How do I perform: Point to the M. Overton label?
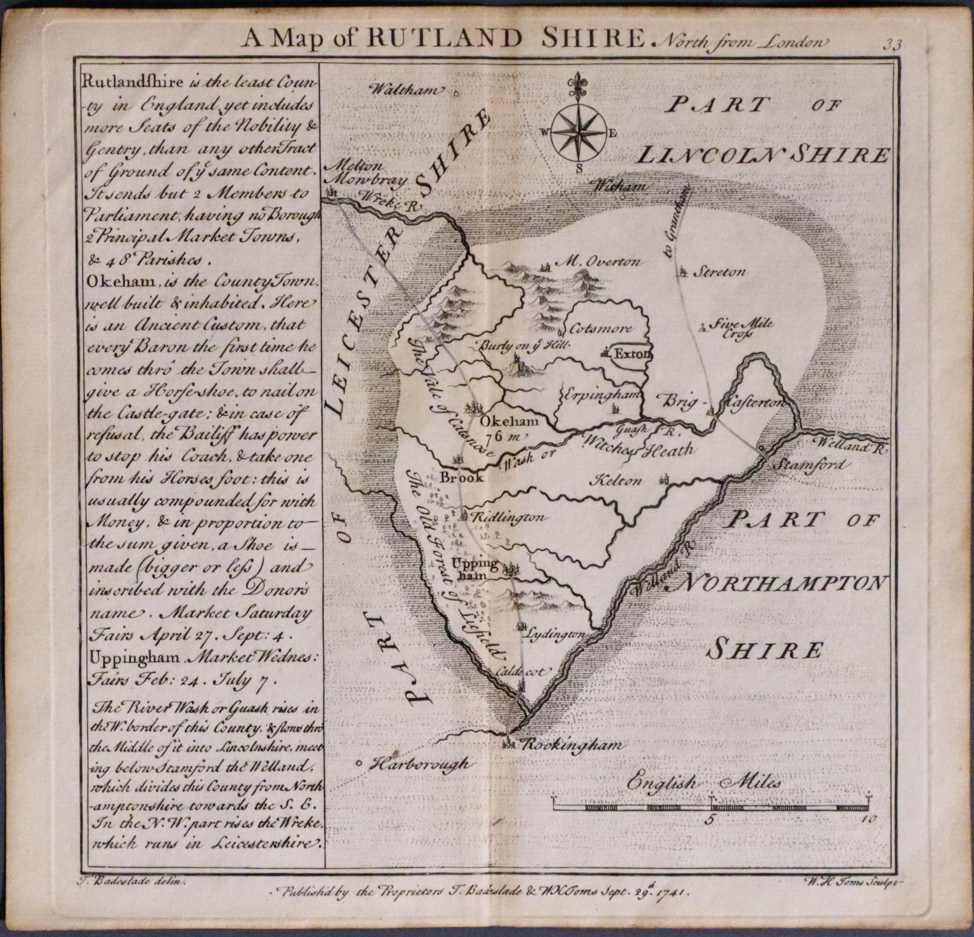[599, 261]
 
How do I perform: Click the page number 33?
[892, 45]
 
